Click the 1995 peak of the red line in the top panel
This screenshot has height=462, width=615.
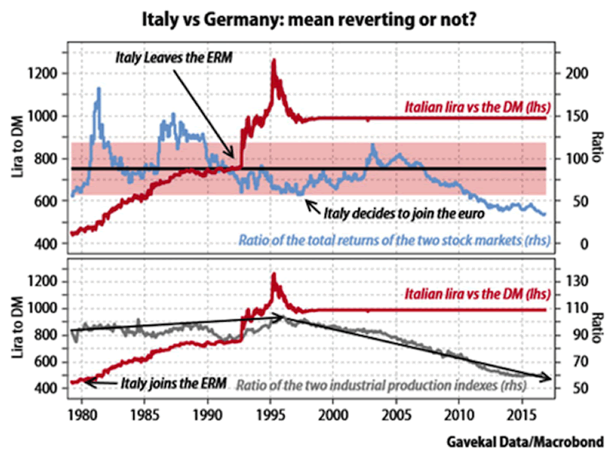273,61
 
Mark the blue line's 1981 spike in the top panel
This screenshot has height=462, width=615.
98,89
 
